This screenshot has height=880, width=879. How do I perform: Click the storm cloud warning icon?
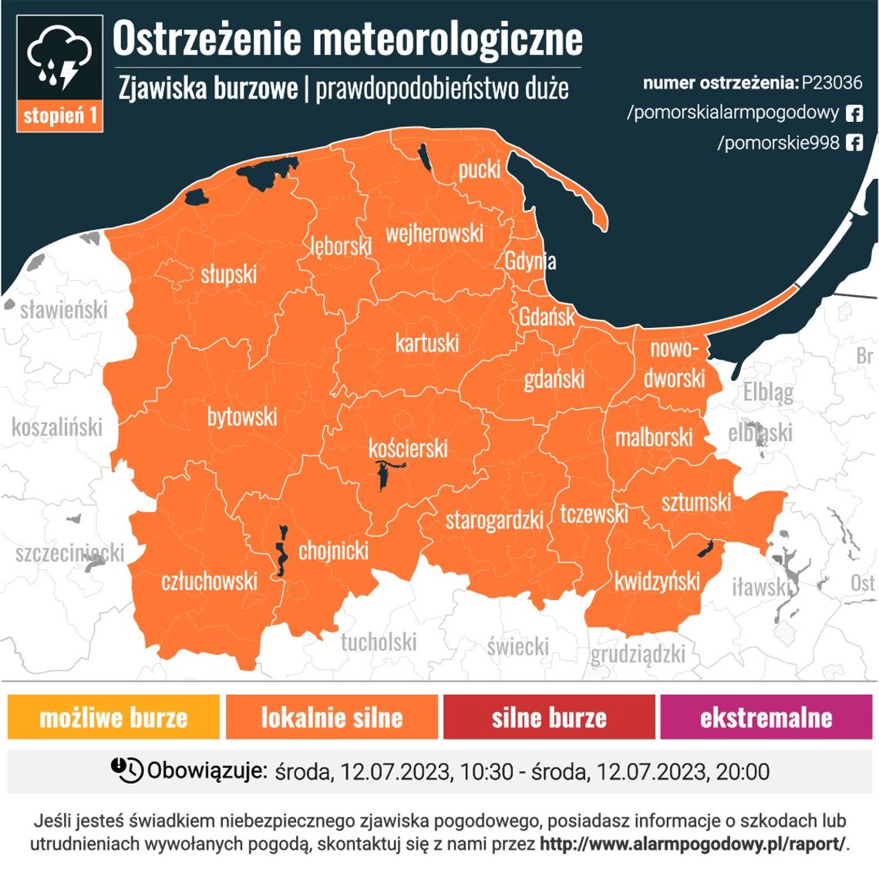[59, 58]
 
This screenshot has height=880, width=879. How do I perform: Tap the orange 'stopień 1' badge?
[60, 116]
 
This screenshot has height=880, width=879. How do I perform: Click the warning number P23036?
[831, 83]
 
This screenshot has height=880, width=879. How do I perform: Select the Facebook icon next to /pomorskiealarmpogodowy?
[854, 113]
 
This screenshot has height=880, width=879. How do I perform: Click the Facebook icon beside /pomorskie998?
[854, 143]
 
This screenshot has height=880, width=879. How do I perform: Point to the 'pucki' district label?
[479, 169]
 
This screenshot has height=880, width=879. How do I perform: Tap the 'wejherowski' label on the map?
[434, 233]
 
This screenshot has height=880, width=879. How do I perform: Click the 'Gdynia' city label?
[530, 261]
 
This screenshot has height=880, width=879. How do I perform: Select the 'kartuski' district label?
[426, 342]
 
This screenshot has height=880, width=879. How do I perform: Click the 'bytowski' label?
[241, 417]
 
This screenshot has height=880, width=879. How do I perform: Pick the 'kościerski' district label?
[408, 447]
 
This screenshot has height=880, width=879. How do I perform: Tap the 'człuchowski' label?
[209, 580]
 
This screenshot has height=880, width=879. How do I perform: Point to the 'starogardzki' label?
[494, 520]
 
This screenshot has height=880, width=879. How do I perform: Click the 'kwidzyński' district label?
[657, 581]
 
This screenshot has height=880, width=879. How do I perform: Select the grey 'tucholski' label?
[379, 642]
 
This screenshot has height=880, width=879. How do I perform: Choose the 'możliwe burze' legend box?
[113, 717]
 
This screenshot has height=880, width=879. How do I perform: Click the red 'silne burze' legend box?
[549, 717]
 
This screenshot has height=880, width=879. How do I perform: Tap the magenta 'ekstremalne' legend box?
[766, 717]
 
